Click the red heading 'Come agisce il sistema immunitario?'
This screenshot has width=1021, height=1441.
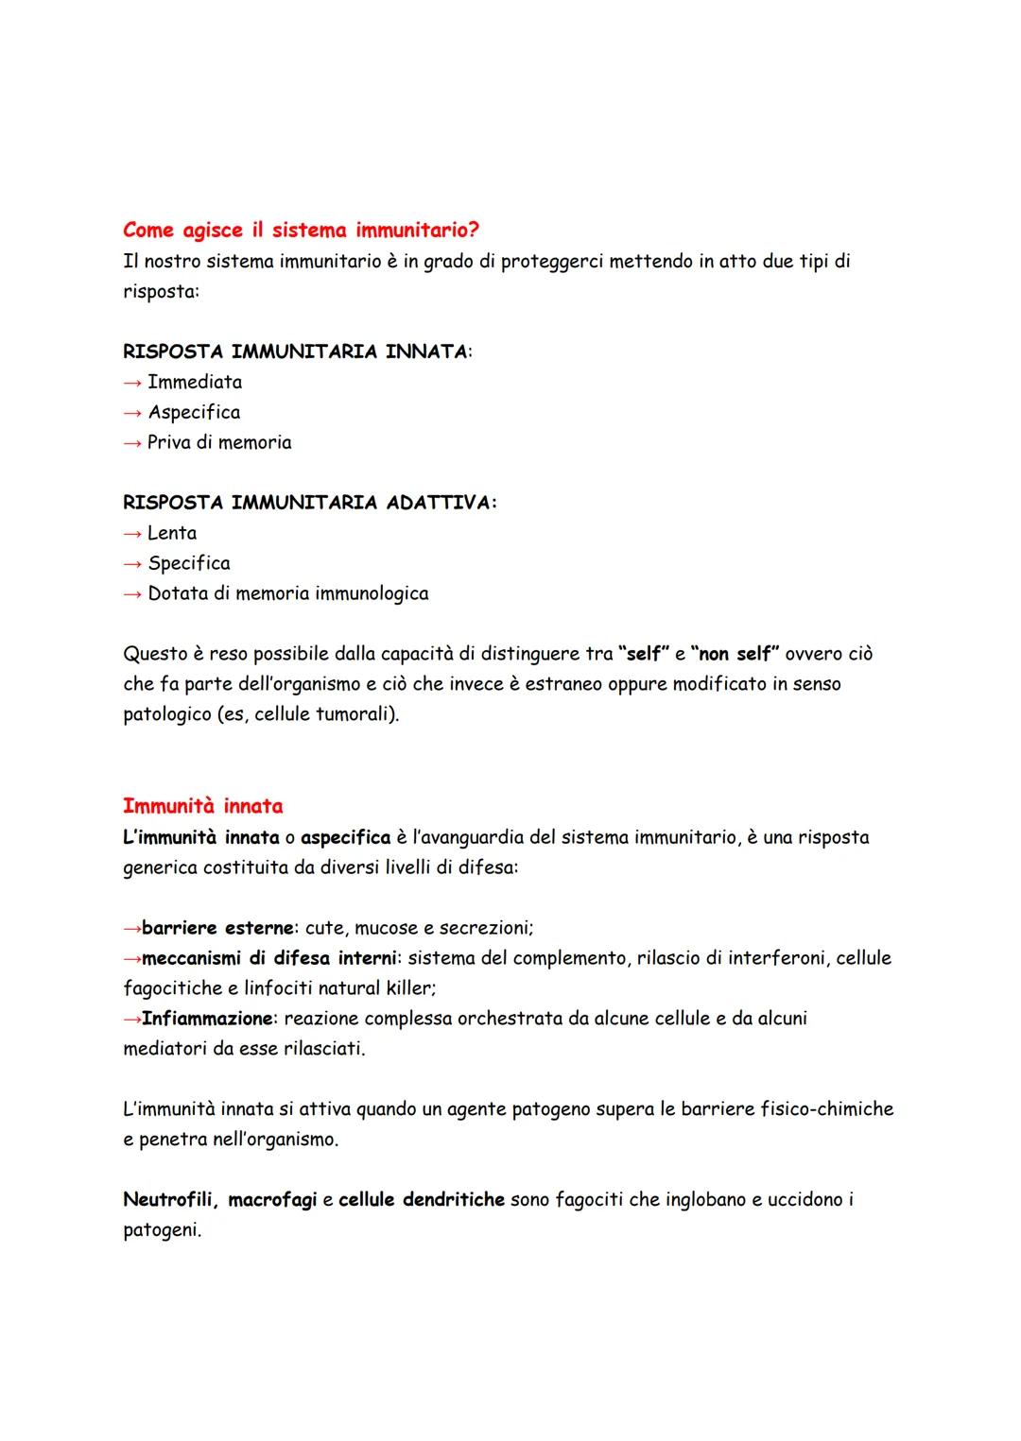[301, 231]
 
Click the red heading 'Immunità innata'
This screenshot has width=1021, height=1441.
[203, 806]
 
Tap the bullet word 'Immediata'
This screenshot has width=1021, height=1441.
[195, 382]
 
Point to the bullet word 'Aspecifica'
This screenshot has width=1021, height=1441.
[194, 412]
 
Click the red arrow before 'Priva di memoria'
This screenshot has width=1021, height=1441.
[132, 442]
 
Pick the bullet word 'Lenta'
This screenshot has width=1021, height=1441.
[172, 533]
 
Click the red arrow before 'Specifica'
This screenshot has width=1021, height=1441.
[132, 563]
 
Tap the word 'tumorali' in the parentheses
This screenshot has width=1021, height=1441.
[353, 714]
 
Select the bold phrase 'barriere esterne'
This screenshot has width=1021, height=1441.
[217, 928]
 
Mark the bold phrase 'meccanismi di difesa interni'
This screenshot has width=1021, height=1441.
[269, 958]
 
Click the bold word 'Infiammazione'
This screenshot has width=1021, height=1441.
[207, 1019]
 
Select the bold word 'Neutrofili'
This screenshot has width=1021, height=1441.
[170, 1200]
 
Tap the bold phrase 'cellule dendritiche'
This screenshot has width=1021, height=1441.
[422, 1200]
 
